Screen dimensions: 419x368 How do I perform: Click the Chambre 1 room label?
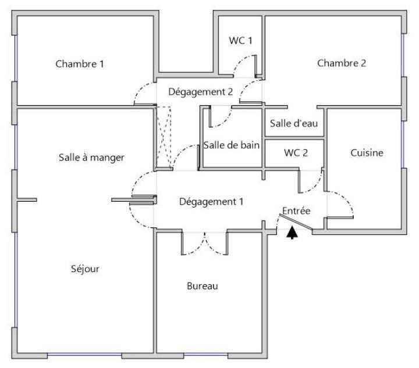[x=80, y=64]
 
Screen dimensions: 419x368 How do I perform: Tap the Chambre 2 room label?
[x=342, y=63]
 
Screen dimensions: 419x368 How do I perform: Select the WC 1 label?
[x=240, y=41]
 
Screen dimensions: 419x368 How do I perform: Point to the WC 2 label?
[x=296, y=153]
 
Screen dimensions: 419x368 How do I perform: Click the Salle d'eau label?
[x=294, y=123]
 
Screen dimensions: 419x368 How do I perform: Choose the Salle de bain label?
[x=232, y=145]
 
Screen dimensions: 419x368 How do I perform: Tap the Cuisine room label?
[x=367, y=153]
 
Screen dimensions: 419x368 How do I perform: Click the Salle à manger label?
[x=92, y=158]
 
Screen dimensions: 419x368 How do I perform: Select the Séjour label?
[x=85, y=269]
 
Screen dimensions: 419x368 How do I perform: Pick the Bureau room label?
[x=203, y=286]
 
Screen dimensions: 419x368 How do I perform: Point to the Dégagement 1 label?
[x=211, y=202]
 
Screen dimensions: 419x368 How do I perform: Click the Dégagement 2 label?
[x=201, y=92]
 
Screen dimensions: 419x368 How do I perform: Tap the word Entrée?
[x=296, y=211]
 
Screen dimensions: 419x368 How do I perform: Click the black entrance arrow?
[x=292, y=233]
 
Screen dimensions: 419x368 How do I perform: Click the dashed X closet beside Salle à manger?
[x=164, y=138]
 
